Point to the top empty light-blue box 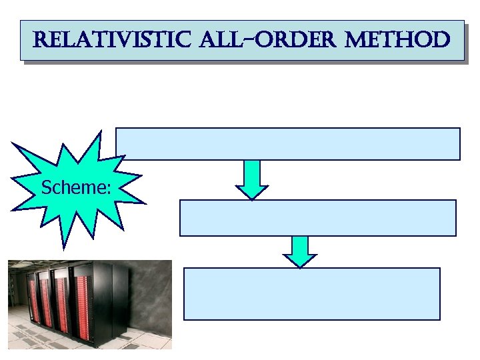(x=288, y=144)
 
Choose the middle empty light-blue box (x=318, y=218)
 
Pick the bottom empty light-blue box (x=312, y=294)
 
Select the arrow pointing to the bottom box (x=300, y=251)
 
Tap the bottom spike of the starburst (x=64, y=244)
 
